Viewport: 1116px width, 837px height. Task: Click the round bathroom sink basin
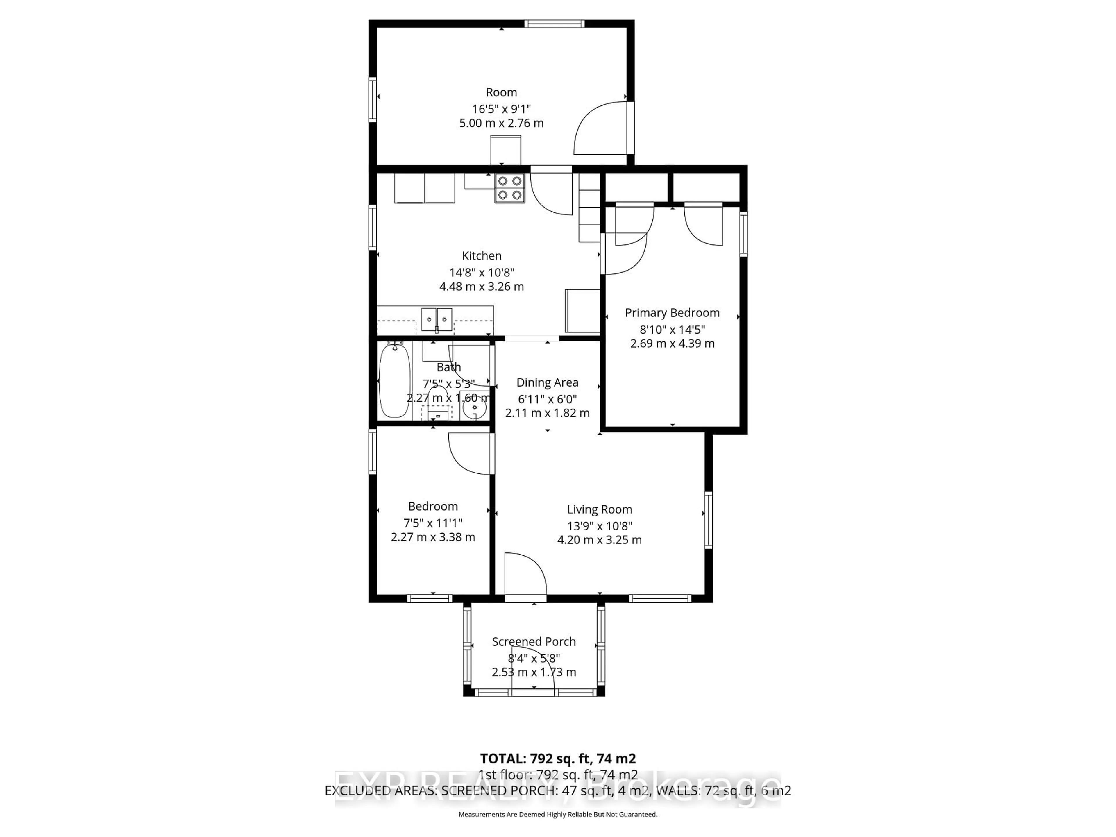point(474,406)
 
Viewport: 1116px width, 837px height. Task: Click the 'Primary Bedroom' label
point(672,313)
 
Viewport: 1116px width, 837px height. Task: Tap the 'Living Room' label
point(599,509)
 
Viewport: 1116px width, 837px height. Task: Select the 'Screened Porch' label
point(534,642)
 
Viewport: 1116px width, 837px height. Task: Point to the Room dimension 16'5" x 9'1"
point(502,108)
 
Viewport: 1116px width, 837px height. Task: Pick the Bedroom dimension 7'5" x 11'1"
point(433,523)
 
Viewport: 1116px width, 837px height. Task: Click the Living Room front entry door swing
point(525,575)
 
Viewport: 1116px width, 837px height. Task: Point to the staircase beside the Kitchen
point(589,208)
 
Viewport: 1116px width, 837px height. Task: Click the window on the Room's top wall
point(554,23)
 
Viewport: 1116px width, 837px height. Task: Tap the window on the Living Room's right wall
point(708,520)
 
